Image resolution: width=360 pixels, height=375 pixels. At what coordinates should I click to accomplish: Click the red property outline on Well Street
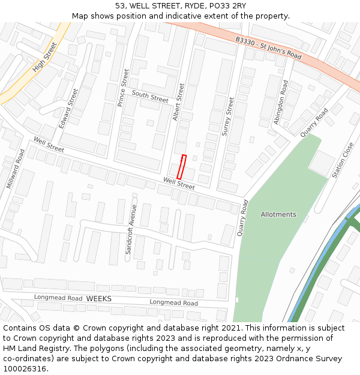(x=181, y=166)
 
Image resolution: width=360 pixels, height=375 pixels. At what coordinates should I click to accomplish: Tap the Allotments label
(x=278, y=214)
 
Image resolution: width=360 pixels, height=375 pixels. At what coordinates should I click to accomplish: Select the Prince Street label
(x=123, y=88)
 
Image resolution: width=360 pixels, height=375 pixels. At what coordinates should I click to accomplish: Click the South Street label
(x=150, y=95)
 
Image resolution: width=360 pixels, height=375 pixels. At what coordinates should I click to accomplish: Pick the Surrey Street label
(x=227, y=116)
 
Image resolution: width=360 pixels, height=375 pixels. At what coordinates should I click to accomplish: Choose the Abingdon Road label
(x=281, y=102)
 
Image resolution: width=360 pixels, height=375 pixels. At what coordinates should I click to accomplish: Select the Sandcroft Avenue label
(x=131, y=230)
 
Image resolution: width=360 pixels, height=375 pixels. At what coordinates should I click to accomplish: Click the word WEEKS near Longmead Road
(x=99, y=298)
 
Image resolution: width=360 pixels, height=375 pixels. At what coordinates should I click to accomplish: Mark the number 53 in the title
(x=121, y=6)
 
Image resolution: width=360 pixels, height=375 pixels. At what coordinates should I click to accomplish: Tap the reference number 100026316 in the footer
(x=26, y=368)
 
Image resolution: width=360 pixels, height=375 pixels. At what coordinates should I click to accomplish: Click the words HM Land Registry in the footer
(x=32, y=348)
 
